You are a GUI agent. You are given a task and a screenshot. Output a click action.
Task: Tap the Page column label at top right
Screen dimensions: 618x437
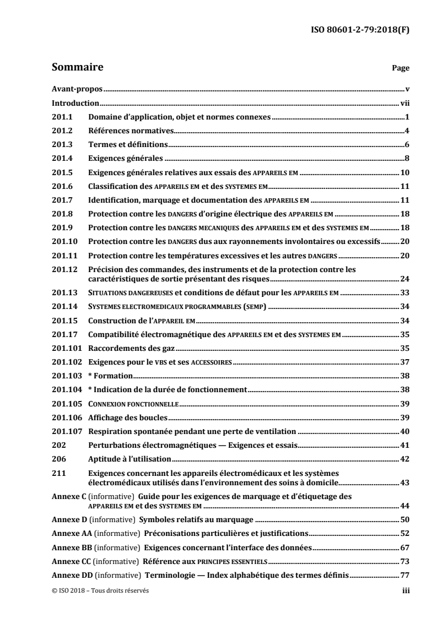400,69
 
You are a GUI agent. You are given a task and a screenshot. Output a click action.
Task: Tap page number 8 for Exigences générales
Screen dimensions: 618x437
407,158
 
